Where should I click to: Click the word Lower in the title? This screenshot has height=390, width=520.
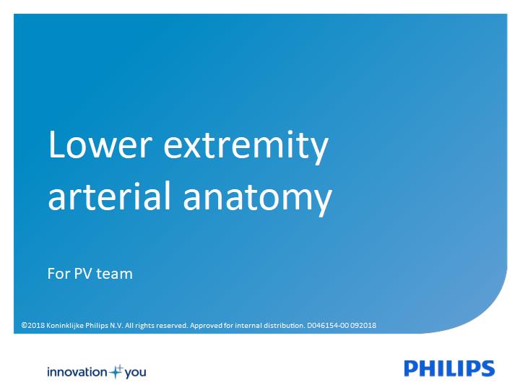pyautogui.click(x=100, y=144)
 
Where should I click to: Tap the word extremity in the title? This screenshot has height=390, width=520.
pyautogui.click(x=246, y=147)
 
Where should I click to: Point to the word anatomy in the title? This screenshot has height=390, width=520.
pyautogui.click(x=257, y=199)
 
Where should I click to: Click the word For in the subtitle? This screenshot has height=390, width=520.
pyautogui.click(x=58, y=274)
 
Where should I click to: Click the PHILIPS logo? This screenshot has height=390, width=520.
pyautogui.click(x=449, y=368)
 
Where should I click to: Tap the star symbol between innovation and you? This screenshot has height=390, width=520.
pyautogui.click(x=116, y=372)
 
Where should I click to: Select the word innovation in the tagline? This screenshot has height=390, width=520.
pyautogui.click(x=77, y=372)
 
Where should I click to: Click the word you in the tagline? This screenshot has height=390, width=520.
pyautogui.click(x=135, y=373)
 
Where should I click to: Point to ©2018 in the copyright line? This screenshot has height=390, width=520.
pyautogui.click(x=32, y=325)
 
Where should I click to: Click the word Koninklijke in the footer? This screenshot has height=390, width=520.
pyautogui.click(x=65, y=325)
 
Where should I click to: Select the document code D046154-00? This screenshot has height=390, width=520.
pyautogui.click(x=328, y=325)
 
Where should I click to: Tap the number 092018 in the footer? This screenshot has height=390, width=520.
pyautogui.click(x=363, y=325)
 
